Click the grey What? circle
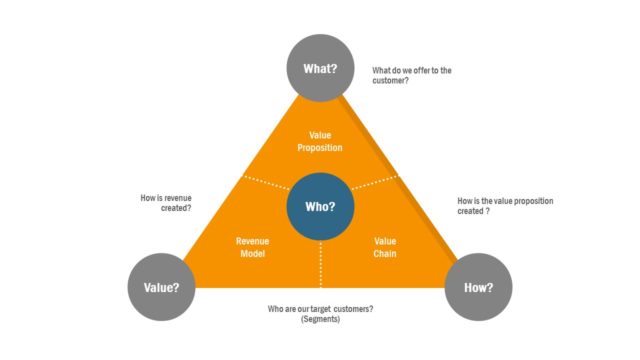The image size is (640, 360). click(320, 67)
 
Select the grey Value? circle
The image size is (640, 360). click(161, 287)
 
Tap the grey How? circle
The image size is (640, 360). click(478, 287)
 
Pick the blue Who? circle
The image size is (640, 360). click(320, 207)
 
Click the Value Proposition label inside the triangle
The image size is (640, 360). click(320, 140)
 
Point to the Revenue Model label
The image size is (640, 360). click(253, 248)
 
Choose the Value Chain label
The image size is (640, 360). click(385, 248)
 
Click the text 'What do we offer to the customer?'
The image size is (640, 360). click(411, 75)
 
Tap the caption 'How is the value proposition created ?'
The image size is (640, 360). click(504, 206)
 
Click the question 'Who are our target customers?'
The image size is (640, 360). click(321, 308)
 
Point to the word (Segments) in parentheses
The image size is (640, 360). click(321, 319)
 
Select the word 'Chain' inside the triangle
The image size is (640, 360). click(385, 254)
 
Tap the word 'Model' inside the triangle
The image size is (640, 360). click(253, 254)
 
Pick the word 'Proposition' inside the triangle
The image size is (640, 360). click(320, 147)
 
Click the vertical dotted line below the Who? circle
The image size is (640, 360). click(320, 262)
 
